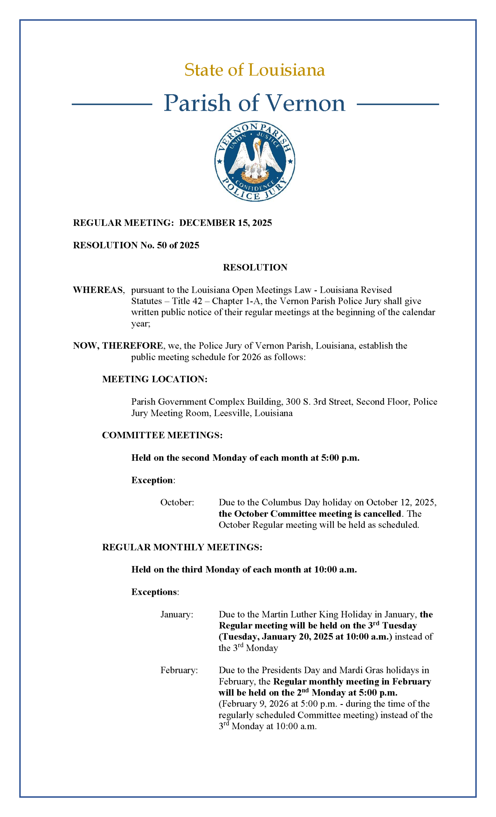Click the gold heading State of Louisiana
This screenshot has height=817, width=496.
pos(254,70)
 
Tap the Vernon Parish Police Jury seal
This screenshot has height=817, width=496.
pos(255,161)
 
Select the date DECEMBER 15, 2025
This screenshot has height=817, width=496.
pos(225,223)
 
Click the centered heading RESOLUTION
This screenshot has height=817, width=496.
pos(255,267)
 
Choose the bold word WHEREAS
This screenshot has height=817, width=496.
pos(98,290)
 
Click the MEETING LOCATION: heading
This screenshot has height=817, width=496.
pos(154,379)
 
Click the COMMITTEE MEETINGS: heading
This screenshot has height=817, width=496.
pos(162,435)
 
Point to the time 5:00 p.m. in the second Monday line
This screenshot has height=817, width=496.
pos(340,458)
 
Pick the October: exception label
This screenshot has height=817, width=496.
pos(177,503)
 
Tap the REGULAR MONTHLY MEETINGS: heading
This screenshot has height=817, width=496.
pos(182,547)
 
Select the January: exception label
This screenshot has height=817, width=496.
pos(177,615)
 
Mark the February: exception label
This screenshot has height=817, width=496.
pos(179,671)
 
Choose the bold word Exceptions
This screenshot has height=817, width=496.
pos(154,592)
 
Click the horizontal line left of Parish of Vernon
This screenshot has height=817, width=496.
pos(112,104)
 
